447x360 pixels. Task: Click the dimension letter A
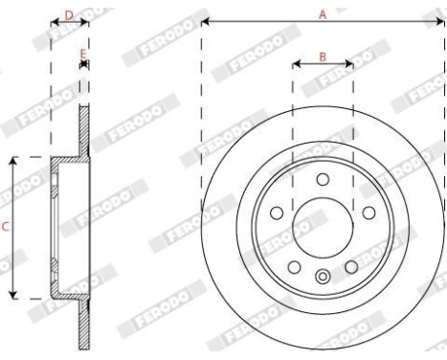(324, 13)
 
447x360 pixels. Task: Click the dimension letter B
(323, 56)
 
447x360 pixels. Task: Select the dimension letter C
(6, 227)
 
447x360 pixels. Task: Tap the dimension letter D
(68, 14)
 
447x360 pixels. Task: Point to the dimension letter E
(84, 54)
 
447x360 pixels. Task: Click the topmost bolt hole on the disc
(323, 180)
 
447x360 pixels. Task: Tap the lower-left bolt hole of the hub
(294, 266)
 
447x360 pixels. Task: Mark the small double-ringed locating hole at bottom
(323, 279)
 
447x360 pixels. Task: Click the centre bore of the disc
(323, 228)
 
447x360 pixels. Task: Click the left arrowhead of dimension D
(52, 21)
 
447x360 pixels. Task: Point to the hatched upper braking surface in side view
(84, 129)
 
